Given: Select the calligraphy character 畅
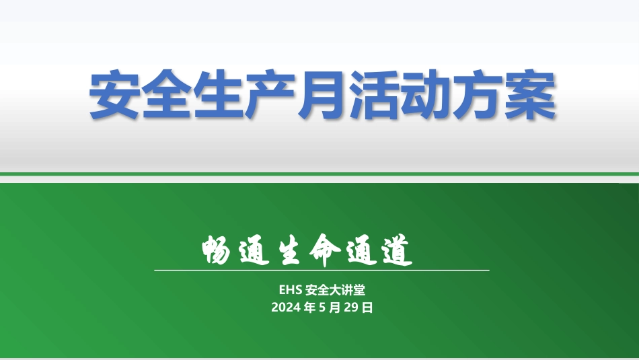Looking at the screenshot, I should [219, 251].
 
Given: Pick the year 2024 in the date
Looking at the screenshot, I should [286, 308].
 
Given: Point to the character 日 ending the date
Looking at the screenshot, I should [367, 308].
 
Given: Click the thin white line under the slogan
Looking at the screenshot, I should [322, 270].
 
